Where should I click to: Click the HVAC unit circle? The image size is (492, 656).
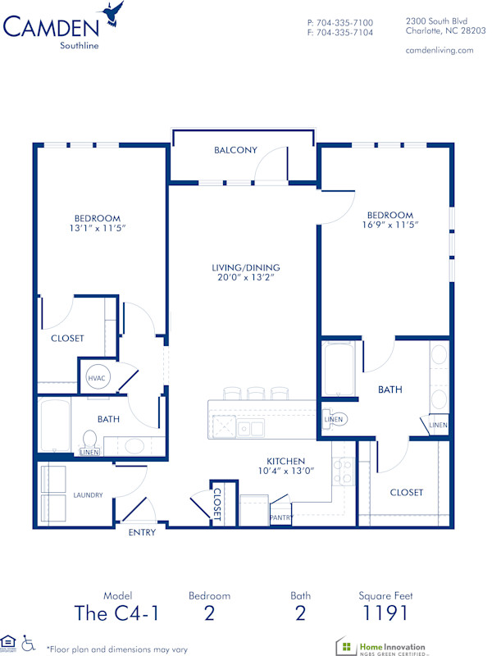96,379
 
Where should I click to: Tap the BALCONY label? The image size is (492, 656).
235,150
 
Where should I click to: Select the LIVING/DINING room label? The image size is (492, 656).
246,267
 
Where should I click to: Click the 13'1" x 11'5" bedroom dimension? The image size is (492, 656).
98,229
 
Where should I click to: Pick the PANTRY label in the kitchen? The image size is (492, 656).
281,517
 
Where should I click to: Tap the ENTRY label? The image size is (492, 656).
141,532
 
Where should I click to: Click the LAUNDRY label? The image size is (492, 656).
88,495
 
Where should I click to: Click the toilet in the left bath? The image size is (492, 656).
89,440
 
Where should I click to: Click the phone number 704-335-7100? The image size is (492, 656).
339,22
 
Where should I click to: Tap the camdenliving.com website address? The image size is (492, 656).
440,50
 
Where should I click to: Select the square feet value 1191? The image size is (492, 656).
384,613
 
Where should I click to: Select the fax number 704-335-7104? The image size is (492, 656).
339,33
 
